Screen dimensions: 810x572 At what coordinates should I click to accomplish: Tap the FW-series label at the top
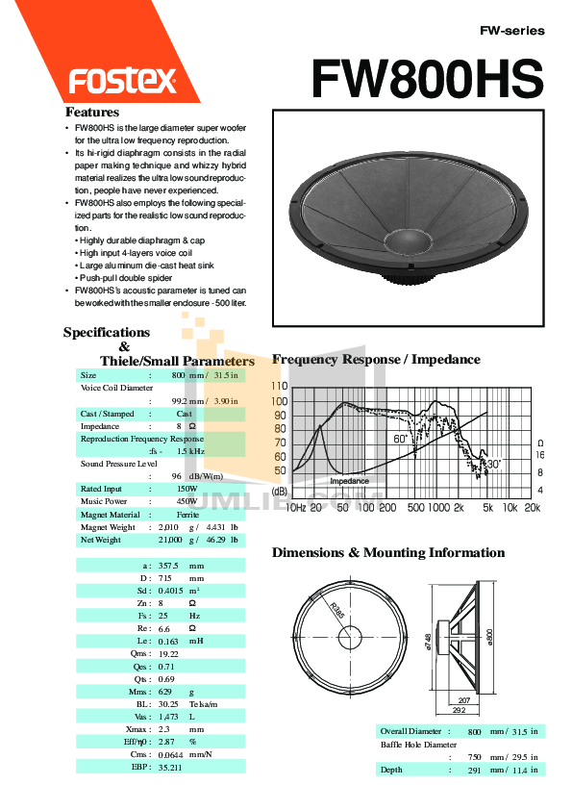(511, 31)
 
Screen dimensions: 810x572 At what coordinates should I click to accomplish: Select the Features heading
(92, 112)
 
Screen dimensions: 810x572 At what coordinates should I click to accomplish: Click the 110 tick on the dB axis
(279, 386)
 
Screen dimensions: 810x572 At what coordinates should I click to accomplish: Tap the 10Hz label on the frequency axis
(295, 507)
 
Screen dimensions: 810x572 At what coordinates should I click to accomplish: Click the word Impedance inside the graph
(350, 481)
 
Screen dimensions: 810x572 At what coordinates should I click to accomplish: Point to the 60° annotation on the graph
(401, 439)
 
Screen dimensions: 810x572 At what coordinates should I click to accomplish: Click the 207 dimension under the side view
(464, 700)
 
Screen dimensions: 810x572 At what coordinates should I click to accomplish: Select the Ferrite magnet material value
(187, 515)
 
